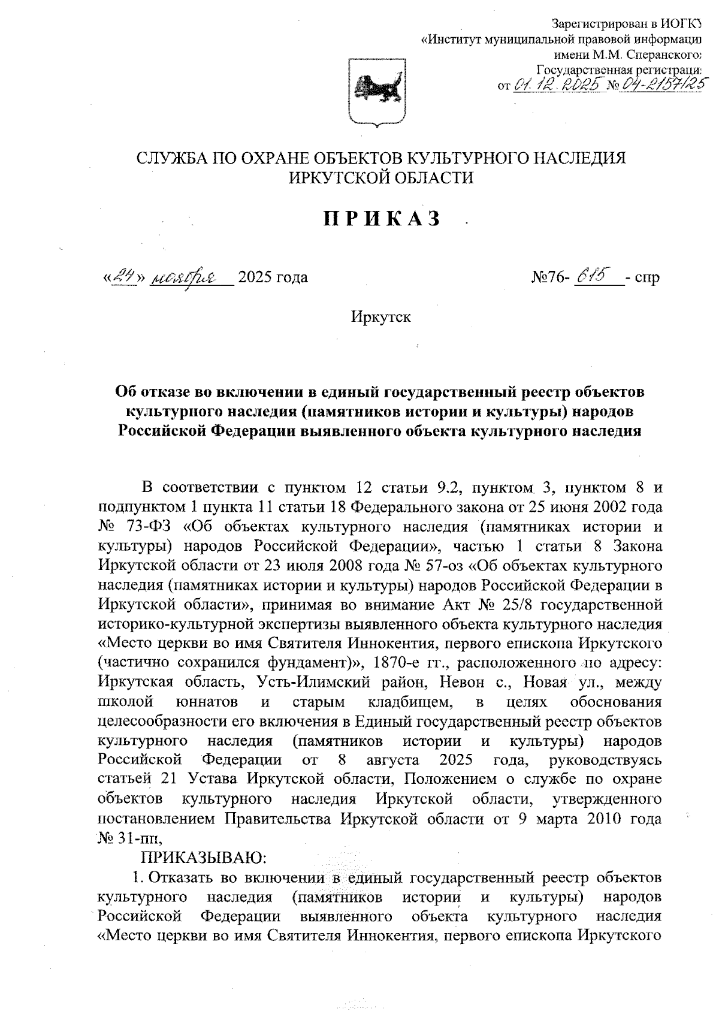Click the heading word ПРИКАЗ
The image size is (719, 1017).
[383, 219]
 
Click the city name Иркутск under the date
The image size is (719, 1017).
[382, 316]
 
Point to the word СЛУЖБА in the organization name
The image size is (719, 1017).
[170, 158]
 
